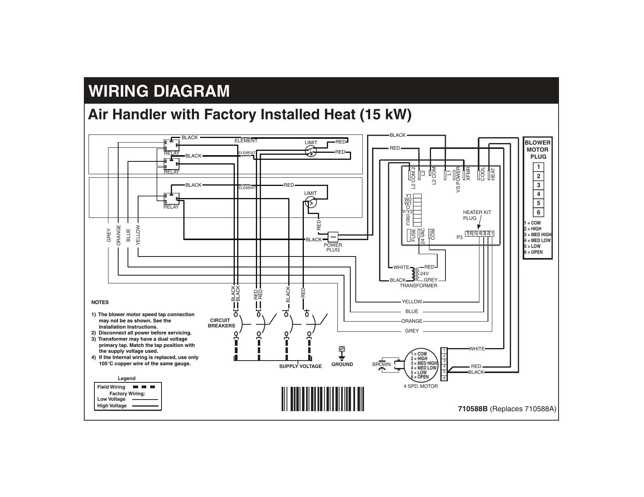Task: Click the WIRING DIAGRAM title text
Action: click(159, 92)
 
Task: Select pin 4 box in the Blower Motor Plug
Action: click(538, 194)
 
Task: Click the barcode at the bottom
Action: click(323, 399)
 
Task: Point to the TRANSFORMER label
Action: click(419, 286)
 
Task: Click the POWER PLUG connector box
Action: click(333, 237)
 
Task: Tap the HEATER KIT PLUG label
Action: click(477, 215)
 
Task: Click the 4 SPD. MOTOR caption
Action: click(420, 386)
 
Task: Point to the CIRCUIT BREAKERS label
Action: click(221, 323)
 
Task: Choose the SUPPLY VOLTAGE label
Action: click(300, 366)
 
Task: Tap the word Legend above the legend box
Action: click(127, 378)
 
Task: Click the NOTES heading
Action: click(100, 302)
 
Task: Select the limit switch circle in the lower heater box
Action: click(311, 202)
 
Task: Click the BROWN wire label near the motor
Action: click(381, 364)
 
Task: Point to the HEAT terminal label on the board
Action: click(493, 174)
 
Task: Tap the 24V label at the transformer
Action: click(424, 273)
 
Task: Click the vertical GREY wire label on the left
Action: click(109, 235)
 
